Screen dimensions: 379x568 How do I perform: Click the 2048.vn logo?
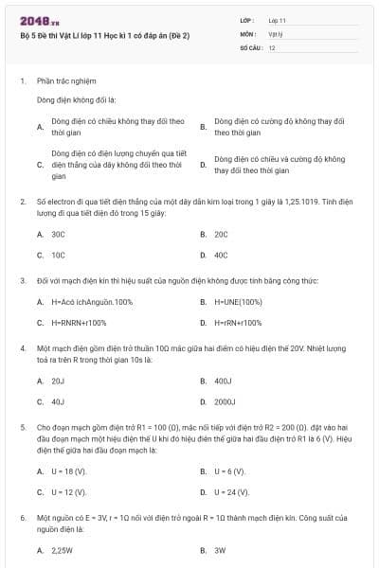coord(41,20)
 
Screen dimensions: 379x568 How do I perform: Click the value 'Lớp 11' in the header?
coord(277,20)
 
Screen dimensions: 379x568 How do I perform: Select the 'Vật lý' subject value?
coord(276,33)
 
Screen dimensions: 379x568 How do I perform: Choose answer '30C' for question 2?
coord(58,233)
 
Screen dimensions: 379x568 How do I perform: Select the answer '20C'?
coord(221,233)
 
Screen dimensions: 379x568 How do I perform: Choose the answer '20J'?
coord(58,380)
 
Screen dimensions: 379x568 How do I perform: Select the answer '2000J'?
coord(225,401)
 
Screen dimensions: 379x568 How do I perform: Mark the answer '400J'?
coord(223,380)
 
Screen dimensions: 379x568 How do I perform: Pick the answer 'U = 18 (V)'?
coord(68,470)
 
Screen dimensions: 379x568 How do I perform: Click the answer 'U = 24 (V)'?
coord(231,492)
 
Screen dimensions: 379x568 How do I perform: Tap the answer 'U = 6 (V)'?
coord(229,470)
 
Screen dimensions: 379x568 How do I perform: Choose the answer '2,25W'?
coord(62,549)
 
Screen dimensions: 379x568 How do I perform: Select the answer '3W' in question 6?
coord(220,549)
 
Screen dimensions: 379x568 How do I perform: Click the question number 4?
coord(22,348)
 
